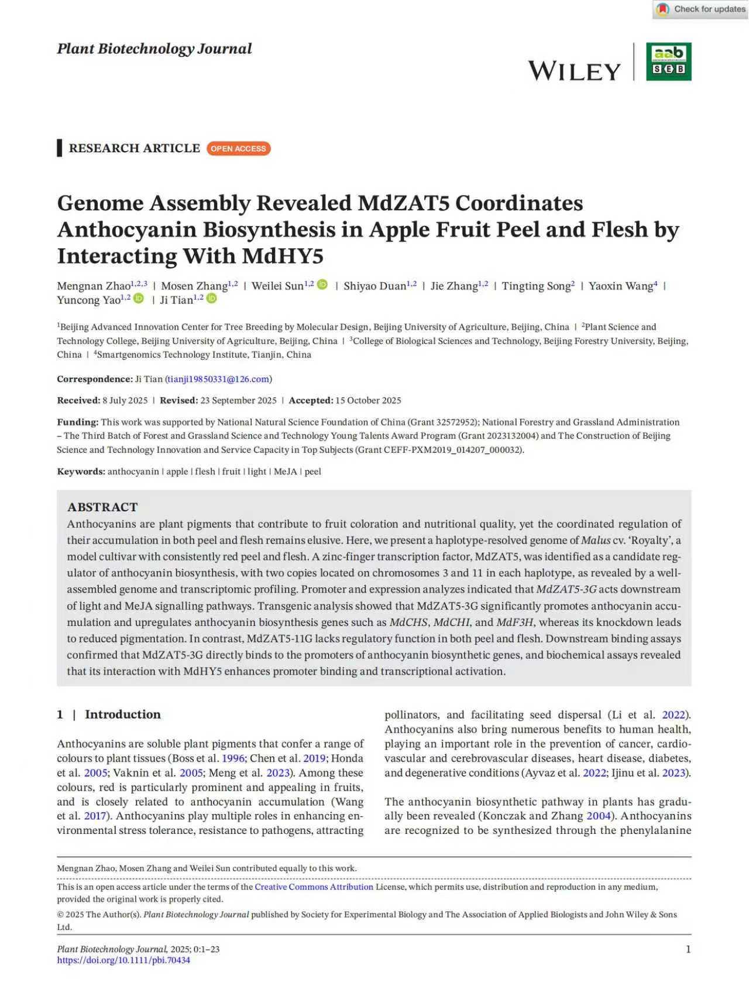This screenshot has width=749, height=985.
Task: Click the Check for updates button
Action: pos(701,9)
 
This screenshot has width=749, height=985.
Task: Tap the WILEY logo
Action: pos(574,71)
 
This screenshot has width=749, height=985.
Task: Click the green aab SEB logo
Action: pos(668,61)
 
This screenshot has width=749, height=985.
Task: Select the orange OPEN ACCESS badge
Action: pos(238,149)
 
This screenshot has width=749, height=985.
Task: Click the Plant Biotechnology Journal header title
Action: pos(154,49)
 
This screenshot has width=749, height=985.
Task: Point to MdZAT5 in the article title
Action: pos(403,203)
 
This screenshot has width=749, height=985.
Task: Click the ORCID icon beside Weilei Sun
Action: pos(322,285)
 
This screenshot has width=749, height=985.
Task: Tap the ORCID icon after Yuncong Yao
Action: pos(139,299)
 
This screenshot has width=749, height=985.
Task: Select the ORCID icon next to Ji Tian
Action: pos(212,299)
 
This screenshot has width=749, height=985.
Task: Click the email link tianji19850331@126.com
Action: pos(218,379)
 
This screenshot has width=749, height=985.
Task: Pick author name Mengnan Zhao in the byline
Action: pos(94,286)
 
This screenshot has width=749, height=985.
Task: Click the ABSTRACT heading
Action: pos(102,507)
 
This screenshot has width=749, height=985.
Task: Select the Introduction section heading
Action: pos(122,714)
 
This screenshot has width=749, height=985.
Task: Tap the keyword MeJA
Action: pos(285,471)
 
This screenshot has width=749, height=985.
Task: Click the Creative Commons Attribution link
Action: pos(314,887)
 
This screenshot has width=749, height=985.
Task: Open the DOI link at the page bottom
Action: pos(123,960)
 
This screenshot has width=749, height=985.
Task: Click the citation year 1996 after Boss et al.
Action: pos(233,758)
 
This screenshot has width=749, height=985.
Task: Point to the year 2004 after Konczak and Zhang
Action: pos(598,816)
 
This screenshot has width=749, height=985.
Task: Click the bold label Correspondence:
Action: pos(95,379)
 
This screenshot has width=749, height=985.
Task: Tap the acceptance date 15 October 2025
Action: pos(368,401)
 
